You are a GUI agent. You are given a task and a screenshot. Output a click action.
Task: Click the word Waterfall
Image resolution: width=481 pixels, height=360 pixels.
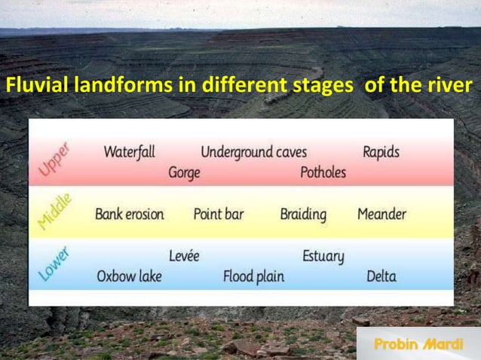coord(129,151)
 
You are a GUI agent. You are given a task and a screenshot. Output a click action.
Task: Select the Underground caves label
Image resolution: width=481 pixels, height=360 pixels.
coord(253,152)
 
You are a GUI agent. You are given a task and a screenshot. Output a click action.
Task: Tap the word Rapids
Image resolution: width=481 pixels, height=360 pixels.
coord(381,151)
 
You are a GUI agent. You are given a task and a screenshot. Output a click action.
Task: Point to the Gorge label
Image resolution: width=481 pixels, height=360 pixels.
coord(184,173)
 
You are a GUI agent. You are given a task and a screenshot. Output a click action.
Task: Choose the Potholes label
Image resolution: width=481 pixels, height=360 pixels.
coord(323,172)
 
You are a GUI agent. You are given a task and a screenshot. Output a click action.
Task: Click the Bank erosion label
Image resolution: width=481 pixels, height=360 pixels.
coord(129,214)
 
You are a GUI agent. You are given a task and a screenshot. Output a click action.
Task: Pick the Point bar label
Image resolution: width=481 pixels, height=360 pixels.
coord(219,214)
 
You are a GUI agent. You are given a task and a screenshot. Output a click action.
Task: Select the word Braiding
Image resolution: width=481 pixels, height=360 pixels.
coord(303,214)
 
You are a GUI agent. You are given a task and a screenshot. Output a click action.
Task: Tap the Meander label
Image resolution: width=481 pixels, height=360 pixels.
coord(381,214)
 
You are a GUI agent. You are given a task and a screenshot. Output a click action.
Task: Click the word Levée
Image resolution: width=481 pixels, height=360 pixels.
coord(184,256)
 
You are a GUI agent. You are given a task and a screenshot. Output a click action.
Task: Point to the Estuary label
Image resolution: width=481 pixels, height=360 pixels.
coord(323,256)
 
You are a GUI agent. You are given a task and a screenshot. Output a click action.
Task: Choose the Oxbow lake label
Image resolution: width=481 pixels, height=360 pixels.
coord(129,276)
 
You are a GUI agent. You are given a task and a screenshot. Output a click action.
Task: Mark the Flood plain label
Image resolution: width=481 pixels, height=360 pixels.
coord(253,276)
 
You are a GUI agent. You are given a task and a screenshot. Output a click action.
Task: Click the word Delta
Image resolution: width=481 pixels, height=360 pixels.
coord(381,276)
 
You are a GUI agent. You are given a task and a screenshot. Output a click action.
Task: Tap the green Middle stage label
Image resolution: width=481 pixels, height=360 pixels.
coord(55,212)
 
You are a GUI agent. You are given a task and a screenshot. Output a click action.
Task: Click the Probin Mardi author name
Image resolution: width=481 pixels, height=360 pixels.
coord(418,344)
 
